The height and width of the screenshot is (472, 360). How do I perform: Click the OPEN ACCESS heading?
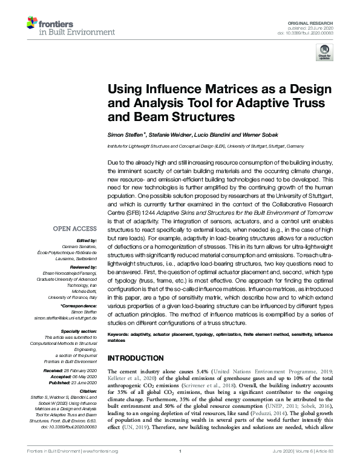[x=75, y=229]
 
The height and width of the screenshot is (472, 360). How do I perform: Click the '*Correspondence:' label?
[x=79, y=306]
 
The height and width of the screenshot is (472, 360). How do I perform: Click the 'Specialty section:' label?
[x=79, y=331]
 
